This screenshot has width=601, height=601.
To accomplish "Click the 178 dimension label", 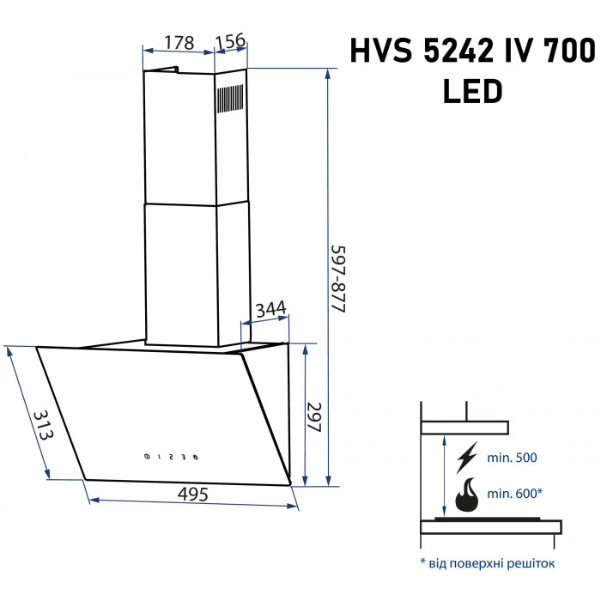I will [x=179, y=42].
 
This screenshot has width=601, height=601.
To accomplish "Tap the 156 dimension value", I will [x=230, y=41].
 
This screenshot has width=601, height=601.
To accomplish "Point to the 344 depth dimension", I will [x=270, y=309].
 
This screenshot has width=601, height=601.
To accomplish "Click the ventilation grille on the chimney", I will [x=230, y=100].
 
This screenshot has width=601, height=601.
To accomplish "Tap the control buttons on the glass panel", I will [x=171, y=456].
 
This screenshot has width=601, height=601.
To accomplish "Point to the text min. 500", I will [x=512, y=458].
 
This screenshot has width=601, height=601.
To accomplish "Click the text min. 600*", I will [x=515, y=493].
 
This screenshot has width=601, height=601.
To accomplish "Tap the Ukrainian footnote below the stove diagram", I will [x=487, y=563].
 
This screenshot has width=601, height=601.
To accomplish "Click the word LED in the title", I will [x=472, y=91].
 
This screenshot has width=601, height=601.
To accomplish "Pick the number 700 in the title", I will [x=568, y=52].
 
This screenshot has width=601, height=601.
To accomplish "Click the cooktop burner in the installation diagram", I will [x=489, y=520].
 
